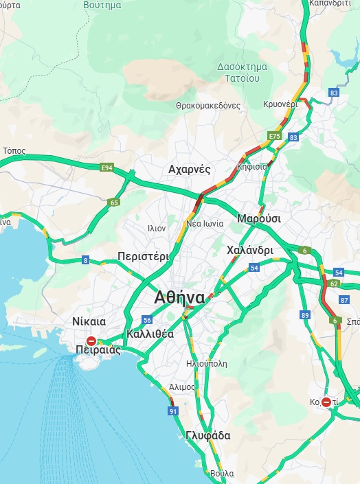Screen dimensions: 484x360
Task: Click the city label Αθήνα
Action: tap(179, 298)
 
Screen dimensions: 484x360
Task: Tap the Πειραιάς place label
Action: tap(98, 350)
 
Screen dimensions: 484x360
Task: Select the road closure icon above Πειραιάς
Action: tap(91, 340)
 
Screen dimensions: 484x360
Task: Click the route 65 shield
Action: tap(114, 203)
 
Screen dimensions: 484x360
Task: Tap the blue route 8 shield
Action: tap(85, 260)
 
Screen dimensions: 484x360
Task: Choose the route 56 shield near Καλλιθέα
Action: tap(147, 320)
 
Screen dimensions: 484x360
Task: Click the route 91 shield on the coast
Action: tap(172, 411)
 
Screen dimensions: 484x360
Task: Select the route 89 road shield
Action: tap(305, 315)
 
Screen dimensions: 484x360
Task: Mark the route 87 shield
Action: tap(345, 300)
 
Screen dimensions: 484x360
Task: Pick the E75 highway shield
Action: tap(275, 137)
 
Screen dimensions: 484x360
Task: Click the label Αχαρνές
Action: tap(189, 169)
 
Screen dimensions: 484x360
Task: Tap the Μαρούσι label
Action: tap(258, 218)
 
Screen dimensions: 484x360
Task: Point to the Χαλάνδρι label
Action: tap(249, 251)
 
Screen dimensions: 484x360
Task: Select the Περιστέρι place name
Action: tap(143, 256)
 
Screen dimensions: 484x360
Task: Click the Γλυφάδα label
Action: tap(207, 435)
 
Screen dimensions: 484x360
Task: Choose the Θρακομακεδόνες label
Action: tap(207, 106)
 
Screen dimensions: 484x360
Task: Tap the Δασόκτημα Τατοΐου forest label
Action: tap(238, 73)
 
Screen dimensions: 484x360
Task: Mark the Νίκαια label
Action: tap(89, 321)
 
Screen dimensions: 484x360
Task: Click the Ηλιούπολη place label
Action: tap(206, 364)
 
